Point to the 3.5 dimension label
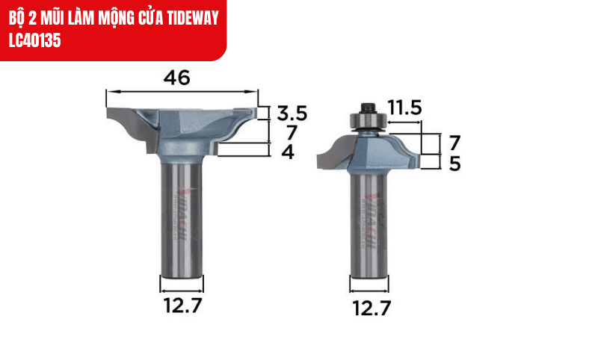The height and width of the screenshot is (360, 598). pos(292,114)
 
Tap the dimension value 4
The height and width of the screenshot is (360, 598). pos(288,152)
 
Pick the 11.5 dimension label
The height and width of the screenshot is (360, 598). pos(404,108)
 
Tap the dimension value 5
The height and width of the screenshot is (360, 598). pos(454,164)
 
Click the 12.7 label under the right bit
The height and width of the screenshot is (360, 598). pos(370,308)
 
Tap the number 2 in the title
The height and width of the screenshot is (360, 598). pos(28,17)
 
